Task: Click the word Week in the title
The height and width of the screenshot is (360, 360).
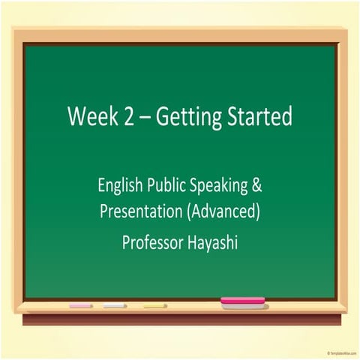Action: (x=90, y=118)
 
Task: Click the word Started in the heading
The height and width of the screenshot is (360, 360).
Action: (x=261, y=118)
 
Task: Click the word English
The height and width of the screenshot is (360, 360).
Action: (x=122, y=184)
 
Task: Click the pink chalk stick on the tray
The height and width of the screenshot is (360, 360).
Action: (x=81, y=306)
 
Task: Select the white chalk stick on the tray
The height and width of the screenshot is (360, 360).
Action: (x=115, y=306)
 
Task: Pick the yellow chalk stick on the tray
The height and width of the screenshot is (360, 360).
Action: (x=155, y=306)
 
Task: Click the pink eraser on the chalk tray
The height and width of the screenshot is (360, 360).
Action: (x=242, y=302)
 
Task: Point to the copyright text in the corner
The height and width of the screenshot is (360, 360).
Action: (x=342, y=352)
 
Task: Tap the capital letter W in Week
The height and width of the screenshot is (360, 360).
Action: (x=76, y=118)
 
